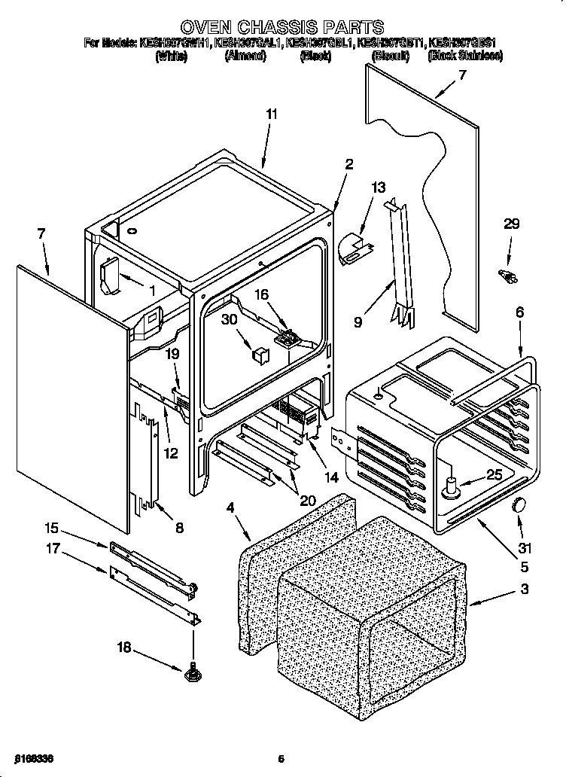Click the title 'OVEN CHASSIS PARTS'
tap(282, 29)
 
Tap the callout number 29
tap(511, 224)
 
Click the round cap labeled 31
tap(517, 504)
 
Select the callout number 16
tap(261, 296)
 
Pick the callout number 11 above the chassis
tap(272, 114)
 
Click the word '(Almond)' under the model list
tap(245, 56)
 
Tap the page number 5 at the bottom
tap(280, 759)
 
